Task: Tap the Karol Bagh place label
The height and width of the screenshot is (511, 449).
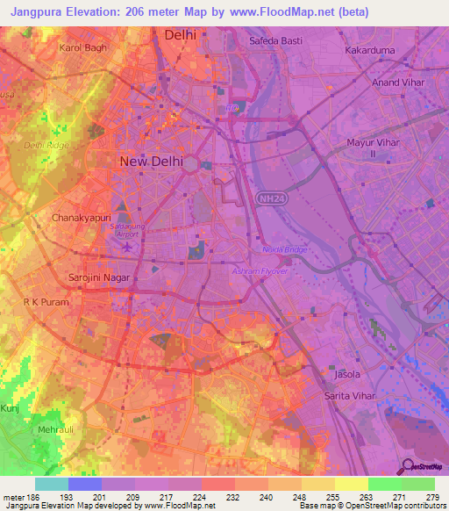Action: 82,47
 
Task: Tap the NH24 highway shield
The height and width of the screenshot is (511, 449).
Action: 269,199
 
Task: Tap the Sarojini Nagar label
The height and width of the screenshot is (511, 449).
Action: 100,277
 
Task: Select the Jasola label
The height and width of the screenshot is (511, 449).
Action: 347,375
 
